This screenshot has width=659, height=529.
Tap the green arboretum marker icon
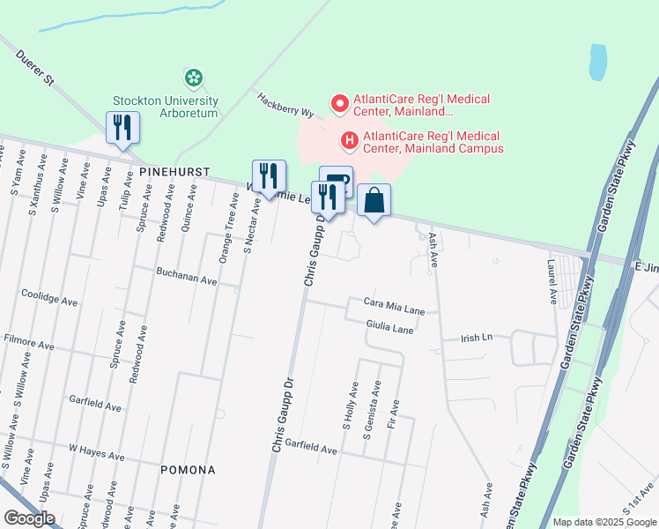tap(193, 78)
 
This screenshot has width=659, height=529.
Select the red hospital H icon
tap(349, 139)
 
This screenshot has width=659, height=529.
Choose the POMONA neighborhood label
tap(188, 470)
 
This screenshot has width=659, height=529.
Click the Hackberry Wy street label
tap(285, 107)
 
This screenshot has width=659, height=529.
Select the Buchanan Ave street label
tap(187, 279)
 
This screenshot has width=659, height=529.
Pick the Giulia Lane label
tap(390, 328)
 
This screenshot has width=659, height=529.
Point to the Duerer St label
tap(36, 68)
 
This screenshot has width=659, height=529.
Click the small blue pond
tap(599, 61)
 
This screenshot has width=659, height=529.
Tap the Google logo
tap(30, 518)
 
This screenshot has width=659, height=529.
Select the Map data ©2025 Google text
tap(603, 522)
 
